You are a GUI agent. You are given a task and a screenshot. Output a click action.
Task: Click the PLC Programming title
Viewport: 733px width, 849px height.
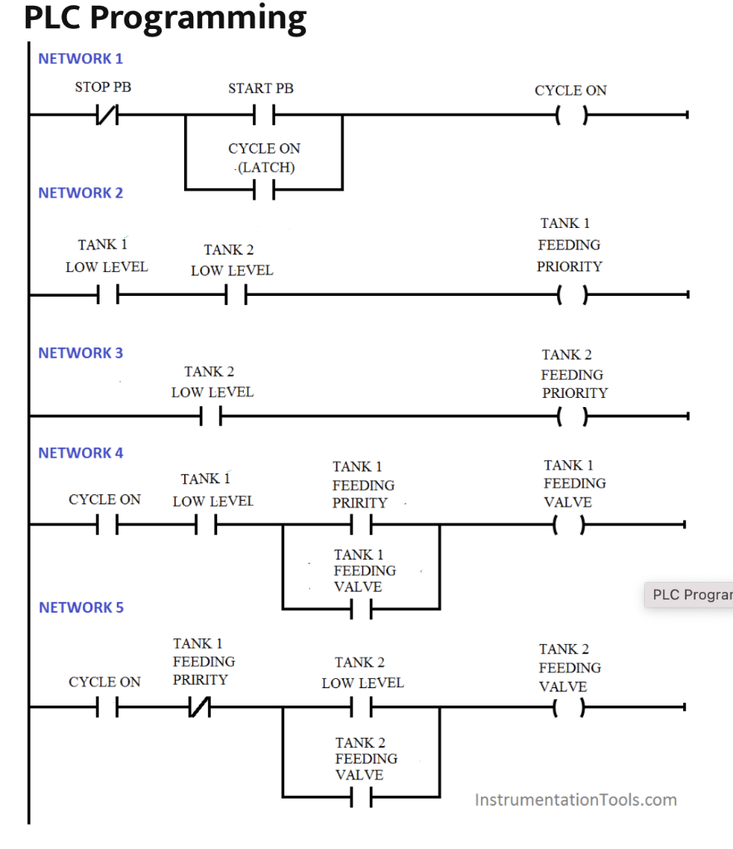click(x=165, y=18)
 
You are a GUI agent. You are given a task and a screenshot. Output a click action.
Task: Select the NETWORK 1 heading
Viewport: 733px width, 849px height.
click(x=80, y=59)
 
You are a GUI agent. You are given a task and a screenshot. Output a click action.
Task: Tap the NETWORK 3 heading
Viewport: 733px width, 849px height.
click(x=80, y=353)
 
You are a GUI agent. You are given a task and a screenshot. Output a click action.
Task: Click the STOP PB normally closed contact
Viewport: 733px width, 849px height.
click(x=107, y=116)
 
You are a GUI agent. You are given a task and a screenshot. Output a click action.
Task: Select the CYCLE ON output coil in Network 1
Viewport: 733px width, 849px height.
click(x=571, y=116)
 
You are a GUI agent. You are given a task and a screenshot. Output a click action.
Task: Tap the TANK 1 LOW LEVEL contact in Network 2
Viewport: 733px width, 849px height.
click(x=107, y=294)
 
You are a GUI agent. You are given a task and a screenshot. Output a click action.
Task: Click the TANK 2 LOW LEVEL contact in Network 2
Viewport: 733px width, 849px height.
click(x=236, y=294)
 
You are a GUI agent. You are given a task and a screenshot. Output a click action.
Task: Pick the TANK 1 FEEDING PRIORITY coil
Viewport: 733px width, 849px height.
click(x=571, y=294)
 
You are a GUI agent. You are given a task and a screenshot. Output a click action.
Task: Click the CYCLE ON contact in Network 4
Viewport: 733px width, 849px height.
click(x=107, y=525)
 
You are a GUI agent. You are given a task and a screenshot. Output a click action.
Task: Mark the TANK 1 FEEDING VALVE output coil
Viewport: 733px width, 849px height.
click(x=571, y=525)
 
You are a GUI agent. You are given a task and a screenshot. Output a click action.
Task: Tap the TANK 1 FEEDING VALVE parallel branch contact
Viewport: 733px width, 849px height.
click(x=361, y=609)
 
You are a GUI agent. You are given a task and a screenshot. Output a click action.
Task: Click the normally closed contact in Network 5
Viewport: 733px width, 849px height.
click(x=200, y=707)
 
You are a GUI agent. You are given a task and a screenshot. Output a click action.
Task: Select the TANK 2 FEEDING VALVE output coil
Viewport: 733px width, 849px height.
click(x=571, y=707)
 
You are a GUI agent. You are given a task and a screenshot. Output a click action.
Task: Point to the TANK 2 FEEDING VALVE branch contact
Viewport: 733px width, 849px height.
click(x=361, y=798)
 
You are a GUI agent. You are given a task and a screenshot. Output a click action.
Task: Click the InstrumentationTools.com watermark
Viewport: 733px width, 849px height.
click(x=575, y=800)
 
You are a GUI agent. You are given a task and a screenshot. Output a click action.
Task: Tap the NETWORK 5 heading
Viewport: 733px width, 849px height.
click(x=80, y=608)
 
